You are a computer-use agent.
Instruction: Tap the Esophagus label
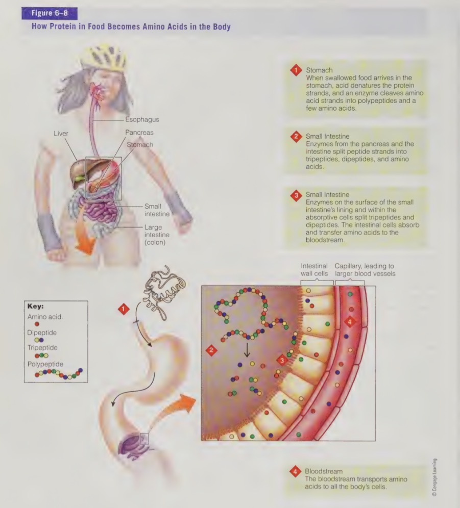click(142, 120)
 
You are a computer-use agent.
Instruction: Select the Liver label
click(61, 133)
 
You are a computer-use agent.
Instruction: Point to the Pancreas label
click(139, 133)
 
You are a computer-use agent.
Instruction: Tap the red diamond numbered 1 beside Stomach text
click(295, 70)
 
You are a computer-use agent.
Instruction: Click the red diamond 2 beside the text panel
click(295, 136)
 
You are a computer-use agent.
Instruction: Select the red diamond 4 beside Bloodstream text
click(295, 472)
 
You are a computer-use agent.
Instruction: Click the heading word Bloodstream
click(324, 471)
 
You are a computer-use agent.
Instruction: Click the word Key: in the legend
click(35, 307)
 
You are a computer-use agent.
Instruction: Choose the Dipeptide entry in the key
click(42, 333)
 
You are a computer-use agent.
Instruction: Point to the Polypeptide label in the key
click(45, 364)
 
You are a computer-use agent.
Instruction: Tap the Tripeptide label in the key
click(42, 348)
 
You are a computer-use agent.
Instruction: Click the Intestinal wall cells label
click(314, 270)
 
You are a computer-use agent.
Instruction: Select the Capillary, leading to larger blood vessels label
click(364, 270)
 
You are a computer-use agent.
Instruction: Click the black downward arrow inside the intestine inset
click(247, 349)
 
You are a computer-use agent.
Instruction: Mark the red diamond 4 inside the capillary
click(350, 322)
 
